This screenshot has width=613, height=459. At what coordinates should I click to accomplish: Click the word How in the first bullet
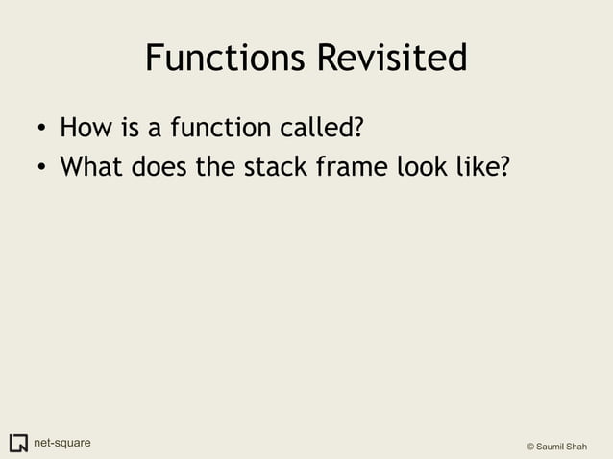click(82, 127)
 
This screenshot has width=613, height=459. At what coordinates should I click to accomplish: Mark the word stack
click(274, 167)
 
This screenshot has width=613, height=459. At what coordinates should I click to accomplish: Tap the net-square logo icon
click(18, 443)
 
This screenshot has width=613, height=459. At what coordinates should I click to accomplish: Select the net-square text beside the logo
click(62, 443)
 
